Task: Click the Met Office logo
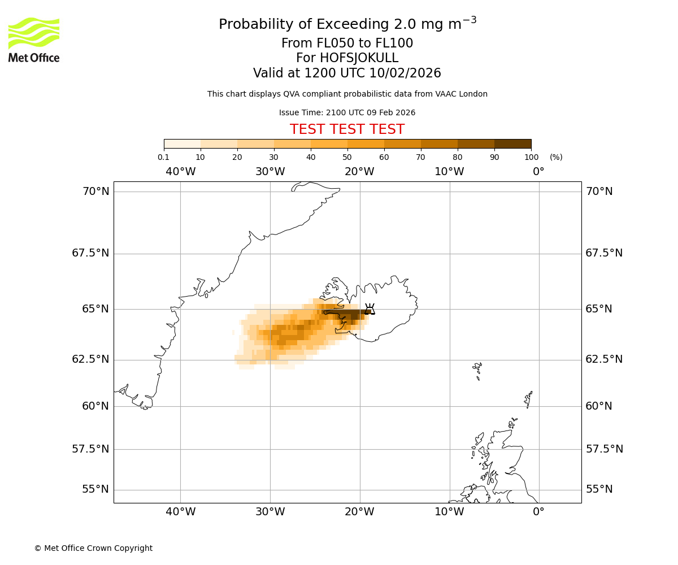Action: [x=34, y=40]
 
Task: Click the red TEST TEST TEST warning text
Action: [x=347, y=129]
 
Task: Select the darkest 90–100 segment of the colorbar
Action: [x=512, y=144]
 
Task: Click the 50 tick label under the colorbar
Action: [x=347, y=157]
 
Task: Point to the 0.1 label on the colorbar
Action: [x=163, y=157]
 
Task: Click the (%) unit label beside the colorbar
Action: [x=556, y=157]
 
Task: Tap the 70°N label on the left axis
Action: [x=96, y=192]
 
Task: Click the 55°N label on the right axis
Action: [x=599, y=489]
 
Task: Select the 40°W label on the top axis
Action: [x=180, y=171]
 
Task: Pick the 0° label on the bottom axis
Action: [x=538, y=512]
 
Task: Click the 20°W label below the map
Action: [x=359, y=512]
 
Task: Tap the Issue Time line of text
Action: [x=347, y=112]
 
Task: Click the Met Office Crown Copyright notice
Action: [x=93, y=548]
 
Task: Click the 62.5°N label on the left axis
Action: [x=90, y=359]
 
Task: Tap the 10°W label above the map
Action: [x=449, y=171]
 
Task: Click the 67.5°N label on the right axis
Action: [x=604, y=253]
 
